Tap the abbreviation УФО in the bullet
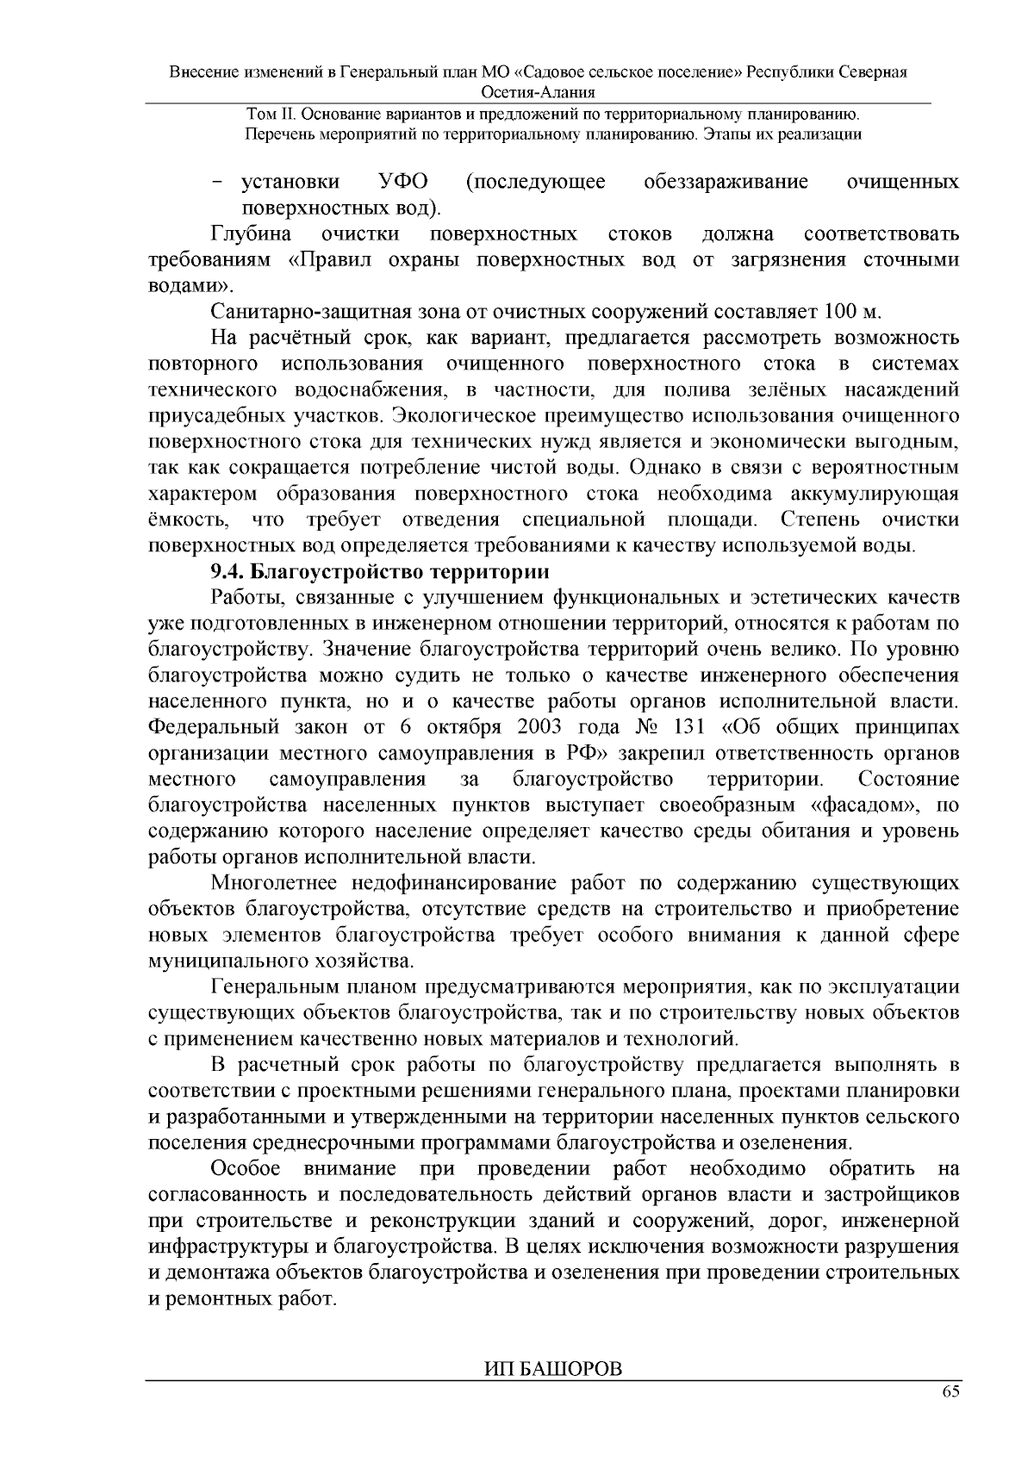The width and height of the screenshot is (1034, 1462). tap(404, 183)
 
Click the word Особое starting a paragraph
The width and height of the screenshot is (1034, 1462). tap(246, 1169)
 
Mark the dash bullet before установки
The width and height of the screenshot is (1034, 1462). tap(217, 184)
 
